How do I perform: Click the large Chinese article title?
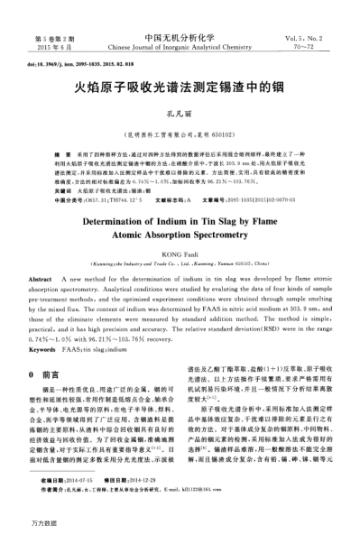180,89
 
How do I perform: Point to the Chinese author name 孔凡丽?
180,115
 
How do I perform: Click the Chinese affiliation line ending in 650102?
180,130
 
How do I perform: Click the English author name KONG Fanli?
180,254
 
